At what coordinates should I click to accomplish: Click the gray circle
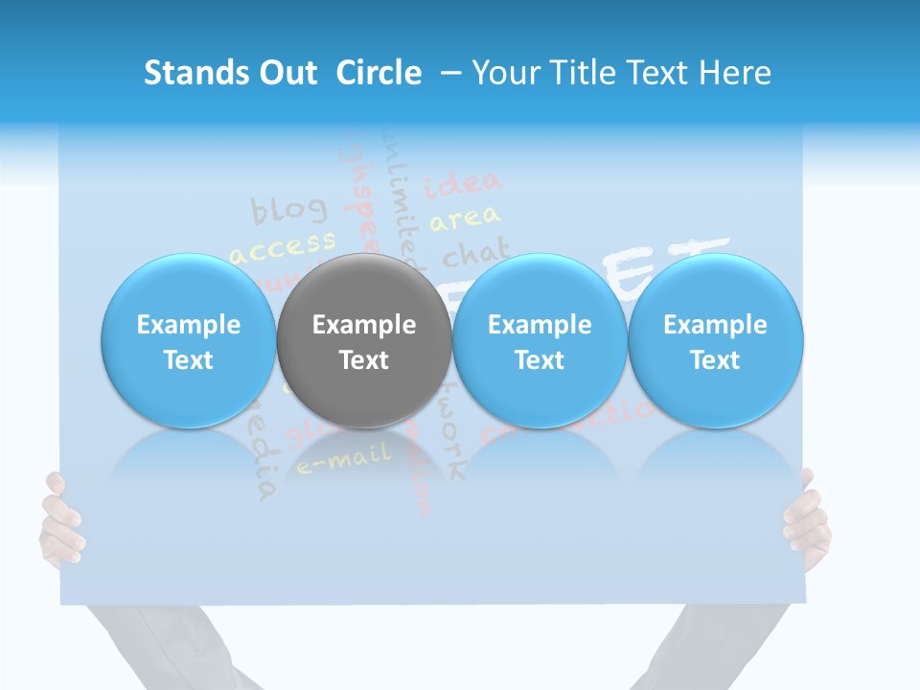(363, 340)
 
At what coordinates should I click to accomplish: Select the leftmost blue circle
(188, 340)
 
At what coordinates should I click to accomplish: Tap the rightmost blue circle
(715, 340)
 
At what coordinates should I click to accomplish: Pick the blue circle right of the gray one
(539, 340)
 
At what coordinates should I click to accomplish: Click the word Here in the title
(734, 73)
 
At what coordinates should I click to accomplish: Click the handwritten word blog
(288, 208)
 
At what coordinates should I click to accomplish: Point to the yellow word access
(283, 246)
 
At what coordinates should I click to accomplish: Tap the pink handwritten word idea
(463, 182)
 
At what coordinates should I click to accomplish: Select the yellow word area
(465, 219)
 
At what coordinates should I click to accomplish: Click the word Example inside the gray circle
(363, 325)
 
